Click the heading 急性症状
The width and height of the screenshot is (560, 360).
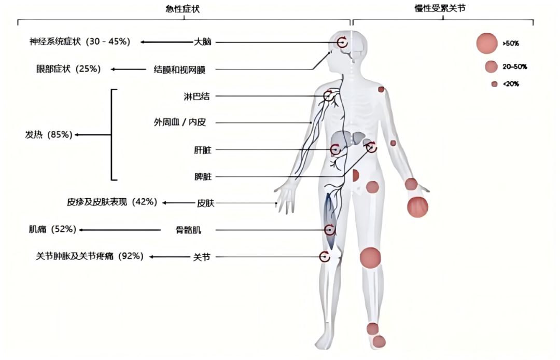pyautogui.click(x=185, y=8)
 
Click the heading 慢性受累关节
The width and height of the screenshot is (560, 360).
pyautogui.click(x=443, y=8)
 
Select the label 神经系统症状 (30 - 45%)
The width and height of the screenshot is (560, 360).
pyautogui.click(x=79, y=41)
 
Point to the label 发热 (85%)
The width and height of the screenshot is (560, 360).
pyautogui.click(x=48, y=135)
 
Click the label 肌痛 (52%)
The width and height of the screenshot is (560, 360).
pyautogui.click(x=52, y=229)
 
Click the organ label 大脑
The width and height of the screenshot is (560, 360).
pyautogui.click(x=203, y=42)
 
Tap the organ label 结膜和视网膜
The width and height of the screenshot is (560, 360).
pyautogui.click(x=183, y=69)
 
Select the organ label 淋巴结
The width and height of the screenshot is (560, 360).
pyautogui.click(x=197, y=96)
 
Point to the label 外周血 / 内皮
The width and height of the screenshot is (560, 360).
pyautogui.click(x=180, y=123)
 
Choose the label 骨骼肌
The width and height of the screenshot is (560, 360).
pyautogui.click(x=188, y=230)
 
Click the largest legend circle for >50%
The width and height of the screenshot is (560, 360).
pyautogui.click(x=487, y=43)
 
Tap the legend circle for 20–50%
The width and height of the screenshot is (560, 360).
pyautogui.click(x=491, y=66)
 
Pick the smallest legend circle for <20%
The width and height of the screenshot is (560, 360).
pyautogui.click(x=494, y=84)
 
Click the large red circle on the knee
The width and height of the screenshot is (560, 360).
pyautogui.click(x=370, y=258)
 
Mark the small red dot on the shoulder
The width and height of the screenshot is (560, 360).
pyautogui.click(x=381, y=90)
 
